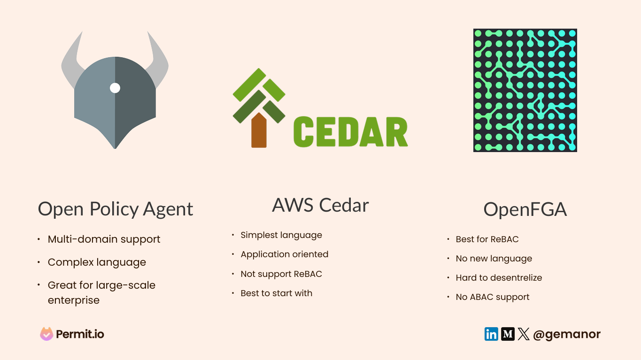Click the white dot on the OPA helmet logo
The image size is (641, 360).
(x=115, y=88)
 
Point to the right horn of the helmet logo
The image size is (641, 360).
(x=159, y=61)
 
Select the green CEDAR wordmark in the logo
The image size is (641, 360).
(x=350, y=132)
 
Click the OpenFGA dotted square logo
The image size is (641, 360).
(x=525, y=90)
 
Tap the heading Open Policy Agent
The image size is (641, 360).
(x=116, y=209)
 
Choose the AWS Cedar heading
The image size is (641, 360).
(x=320, y=205)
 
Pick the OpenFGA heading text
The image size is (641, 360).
(x=525, y=209)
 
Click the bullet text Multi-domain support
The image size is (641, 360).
(x=104, y=239)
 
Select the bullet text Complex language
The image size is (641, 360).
(x=97, y=262)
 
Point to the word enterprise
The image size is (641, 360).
(x=74, y=300)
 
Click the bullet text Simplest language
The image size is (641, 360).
(x=281, y=235)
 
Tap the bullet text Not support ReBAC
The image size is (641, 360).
(x=281, y=274)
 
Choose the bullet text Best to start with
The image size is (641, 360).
(x=276, y=293)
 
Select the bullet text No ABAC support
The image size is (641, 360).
(x=493, y=297)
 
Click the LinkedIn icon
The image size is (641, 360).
(x=491, y=334)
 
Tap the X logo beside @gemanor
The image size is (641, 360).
(x=524, y=334)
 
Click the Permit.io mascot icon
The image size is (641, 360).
(x=46, y=334)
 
